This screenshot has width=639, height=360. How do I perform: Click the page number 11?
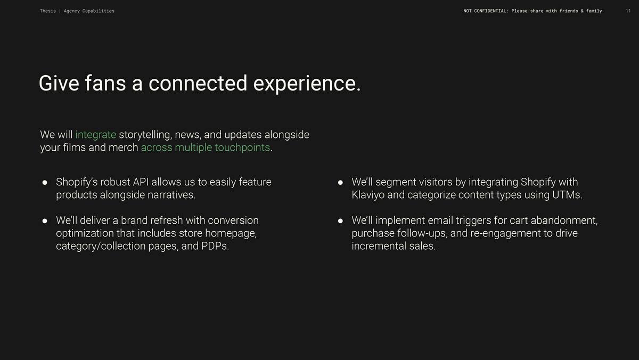pos(628,11)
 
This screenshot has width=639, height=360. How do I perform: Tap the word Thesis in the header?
pos(48,11)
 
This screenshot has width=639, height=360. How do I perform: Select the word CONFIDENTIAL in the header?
pos(490,11)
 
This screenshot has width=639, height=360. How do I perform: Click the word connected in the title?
pos(198,83)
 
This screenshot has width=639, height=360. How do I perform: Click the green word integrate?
pos(95,135)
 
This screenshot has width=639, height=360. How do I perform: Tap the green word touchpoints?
pos(242,148)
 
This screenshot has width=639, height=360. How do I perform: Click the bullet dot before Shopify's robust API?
pos(45,182)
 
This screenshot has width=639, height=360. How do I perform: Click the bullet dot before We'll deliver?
pos(45,221)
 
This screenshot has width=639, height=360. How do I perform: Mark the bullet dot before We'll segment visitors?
pos(340,182)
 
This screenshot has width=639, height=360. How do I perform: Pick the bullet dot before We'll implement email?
pos(340,221)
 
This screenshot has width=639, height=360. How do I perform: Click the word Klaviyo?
pos(368,195)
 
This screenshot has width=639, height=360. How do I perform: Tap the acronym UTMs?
pos(566,195)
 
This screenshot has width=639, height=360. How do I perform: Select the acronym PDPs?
pos(214,246)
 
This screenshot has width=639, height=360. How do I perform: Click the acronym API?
pos(141,182)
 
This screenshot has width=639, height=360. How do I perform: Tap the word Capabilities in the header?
pos(99,11)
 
